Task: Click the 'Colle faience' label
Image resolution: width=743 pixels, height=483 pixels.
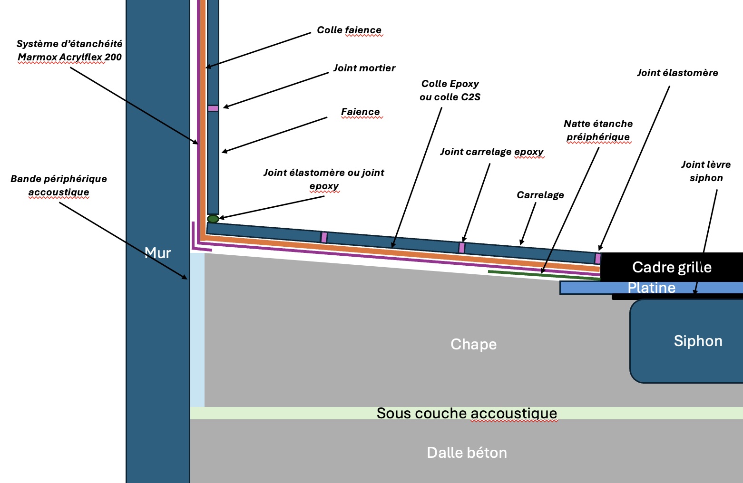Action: pos(349,30)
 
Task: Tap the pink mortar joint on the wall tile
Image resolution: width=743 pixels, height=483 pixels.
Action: pos(213,108)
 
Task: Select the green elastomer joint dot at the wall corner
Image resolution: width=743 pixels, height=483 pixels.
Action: pos(213,219)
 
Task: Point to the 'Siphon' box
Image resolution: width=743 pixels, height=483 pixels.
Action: pos(697,341)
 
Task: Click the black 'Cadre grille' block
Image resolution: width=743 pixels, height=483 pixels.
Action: pos(671,267)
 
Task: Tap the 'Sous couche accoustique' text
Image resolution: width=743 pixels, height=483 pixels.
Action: pos(467,413)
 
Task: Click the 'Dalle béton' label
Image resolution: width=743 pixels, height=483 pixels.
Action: pos(467,452)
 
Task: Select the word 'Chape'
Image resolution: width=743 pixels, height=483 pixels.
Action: pos(473,344)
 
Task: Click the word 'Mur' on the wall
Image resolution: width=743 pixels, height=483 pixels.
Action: pos(157,253)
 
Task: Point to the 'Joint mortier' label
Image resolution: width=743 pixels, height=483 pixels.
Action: pos(364,68)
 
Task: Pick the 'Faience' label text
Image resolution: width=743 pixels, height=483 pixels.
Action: pos(360,112)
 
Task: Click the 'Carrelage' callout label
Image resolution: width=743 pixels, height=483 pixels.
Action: pos(540,195)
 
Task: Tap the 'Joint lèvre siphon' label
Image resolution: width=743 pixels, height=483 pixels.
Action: pos(706,171)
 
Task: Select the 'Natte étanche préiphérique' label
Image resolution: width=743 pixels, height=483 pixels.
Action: pos(598,130)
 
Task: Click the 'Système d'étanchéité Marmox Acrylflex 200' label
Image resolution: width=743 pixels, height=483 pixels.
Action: pos(69,50)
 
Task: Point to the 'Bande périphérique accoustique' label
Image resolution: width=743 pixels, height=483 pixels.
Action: pos(59,185)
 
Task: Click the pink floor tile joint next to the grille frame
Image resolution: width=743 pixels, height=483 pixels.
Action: pos(598,259)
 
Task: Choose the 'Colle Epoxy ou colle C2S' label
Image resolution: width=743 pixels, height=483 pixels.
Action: pos(450,90)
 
